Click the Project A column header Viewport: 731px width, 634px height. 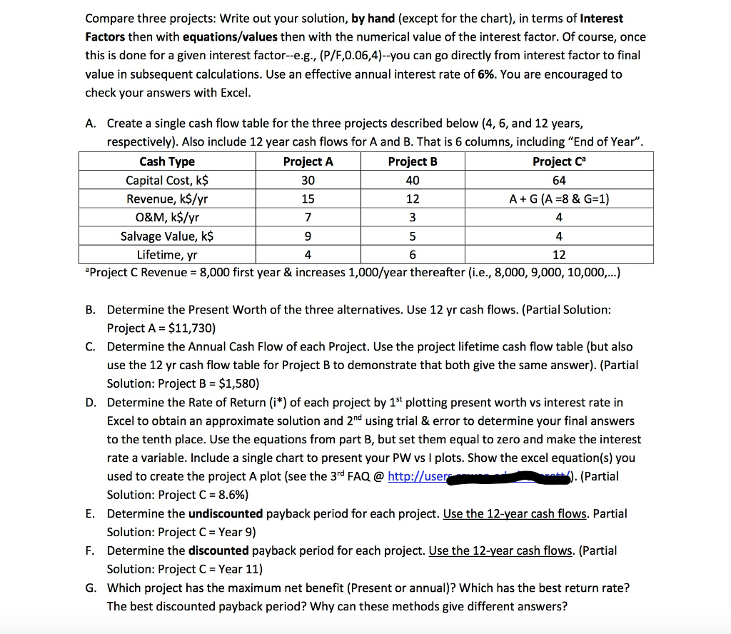click(308, 161)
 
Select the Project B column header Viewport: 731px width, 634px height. click(413, 161)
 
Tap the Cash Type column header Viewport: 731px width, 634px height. click(167, 161)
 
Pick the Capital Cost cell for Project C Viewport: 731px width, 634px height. click(558, 180)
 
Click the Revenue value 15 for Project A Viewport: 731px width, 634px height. click(308, 198)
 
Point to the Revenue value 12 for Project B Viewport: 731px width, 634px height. click(413, 198)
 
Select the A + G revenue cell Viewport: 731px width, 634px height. click(558, 198)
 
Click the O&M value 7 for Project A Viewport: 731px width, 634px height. click(308, 217)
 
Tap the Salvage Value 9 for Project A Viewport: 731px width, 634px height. click(308, 236)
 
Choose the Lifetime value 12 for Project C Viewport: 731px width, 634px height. click(558, 254)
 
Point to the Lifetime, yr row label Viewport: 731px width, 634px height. click(167, 254)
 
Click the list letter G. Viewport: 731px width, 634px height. click(91, 588)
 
